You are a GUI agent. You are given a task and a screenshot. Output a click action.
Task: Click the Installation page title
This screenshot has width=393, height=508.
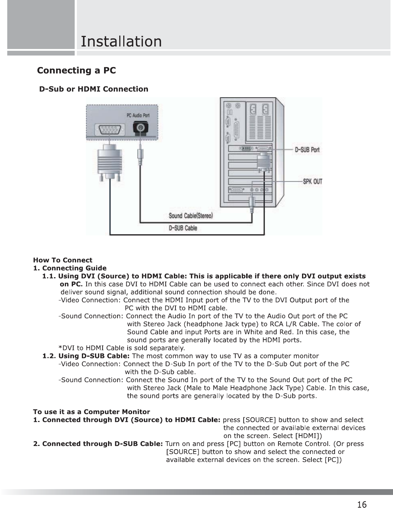pos(121,41)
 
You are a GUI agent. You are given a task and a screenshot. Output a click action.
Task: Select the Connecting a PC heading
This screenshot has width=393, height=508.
pos(77,70)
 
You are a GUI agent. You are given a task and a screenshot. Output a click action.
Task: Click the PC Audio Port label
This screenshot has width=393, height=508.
pos(138,115)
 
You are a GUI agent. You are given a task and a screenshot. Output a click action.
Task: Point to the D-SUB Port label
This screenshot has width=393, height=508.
pos(307,149)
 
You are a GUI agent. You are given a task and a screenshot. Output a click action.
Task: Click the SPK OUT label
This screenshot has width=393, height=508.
pos(313,181)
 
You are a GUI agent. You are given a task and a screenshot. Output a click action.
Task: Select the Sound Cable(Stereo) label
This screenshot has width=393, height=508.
pos(191,216)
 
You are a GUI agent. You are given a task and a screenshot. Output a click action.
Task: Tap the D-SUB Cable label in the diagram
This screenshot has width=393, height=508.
pos(183,228)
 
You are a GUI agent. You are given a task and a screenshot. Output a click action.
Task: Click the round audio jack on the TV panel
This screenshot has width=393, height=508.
pos(140,128)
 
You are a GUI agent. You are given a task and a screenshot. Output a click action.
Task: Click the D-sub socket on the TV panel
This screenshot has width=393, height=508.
pos(108,130)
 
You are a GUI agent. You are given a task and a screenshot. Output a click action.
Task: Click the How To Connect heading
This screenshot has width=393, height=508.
pos(63,260)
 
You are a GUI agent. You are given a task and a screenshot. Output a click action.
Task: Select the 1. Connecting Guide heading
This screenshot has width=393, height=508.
pos(70,268)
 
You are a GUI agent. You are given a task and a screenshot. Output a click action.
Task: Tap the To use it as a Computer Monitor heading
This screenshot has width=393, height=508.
pos(91,412)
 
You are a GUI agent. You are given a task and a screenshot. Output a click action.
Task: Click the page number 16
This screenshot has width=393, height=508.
pos(361,504)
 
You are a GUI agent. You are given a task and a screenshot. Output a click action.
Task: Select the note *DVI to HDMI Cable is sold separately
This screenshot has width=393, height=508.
pos(122,348)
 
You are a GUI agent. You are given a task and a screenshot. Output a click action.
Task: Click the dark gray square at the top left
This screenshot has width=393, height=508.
pos(40,24)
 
